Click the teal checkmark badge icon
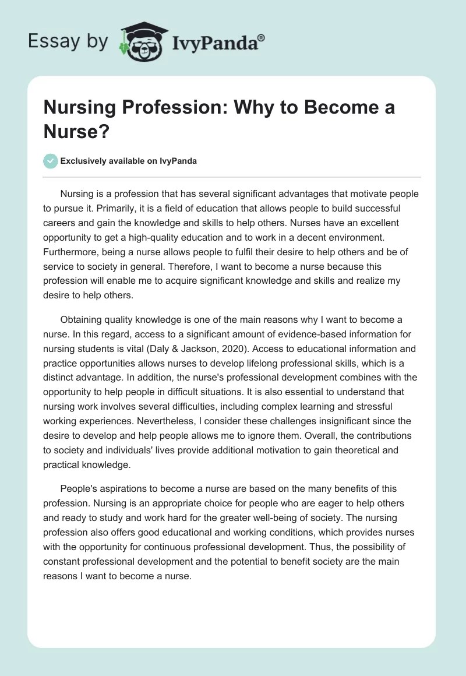point(51,161)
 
